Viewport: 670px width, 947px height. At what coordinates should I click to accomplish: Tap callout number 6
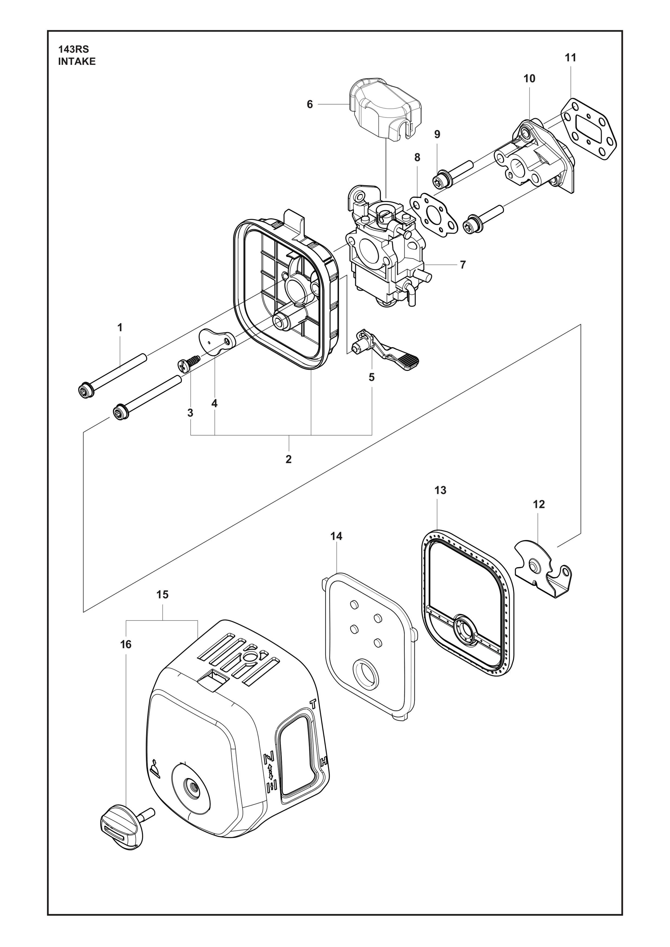pyautogui.click(x=310, y=104)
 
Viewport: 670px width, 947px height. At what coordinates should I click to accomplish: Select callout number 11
pyautogui.click(x=571, y=58)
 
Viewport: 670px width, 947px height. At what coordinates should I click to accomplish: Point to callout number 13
pyautogui.click(x=440, y=490)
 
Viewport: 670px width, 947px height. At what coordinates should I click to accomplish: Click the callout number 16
pyautogui.click(x=126, y=644)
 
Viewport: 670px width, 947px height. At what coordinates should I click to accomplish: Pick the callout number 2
pyautogui.click(x=288, y=459)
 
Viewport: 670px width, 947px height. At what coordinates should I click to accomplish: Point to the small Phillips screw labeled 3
pyautogui.click(x=188, y=363)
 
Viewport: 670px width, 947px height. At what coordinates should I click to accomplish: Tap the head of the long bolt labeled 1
pyautogui.click(x=87, y=390)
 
